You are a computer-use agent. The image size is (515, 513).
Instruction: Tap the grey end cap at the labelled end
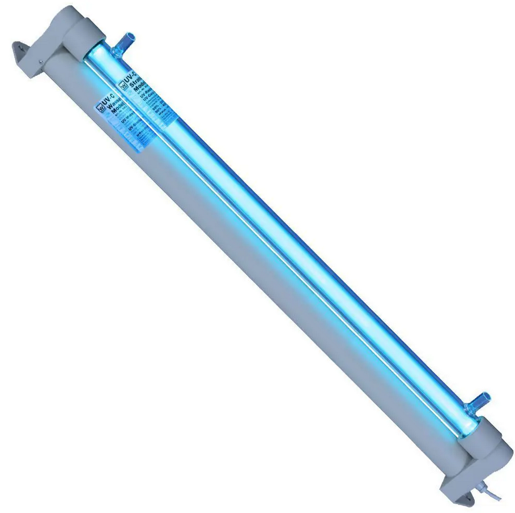[74, 31]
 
